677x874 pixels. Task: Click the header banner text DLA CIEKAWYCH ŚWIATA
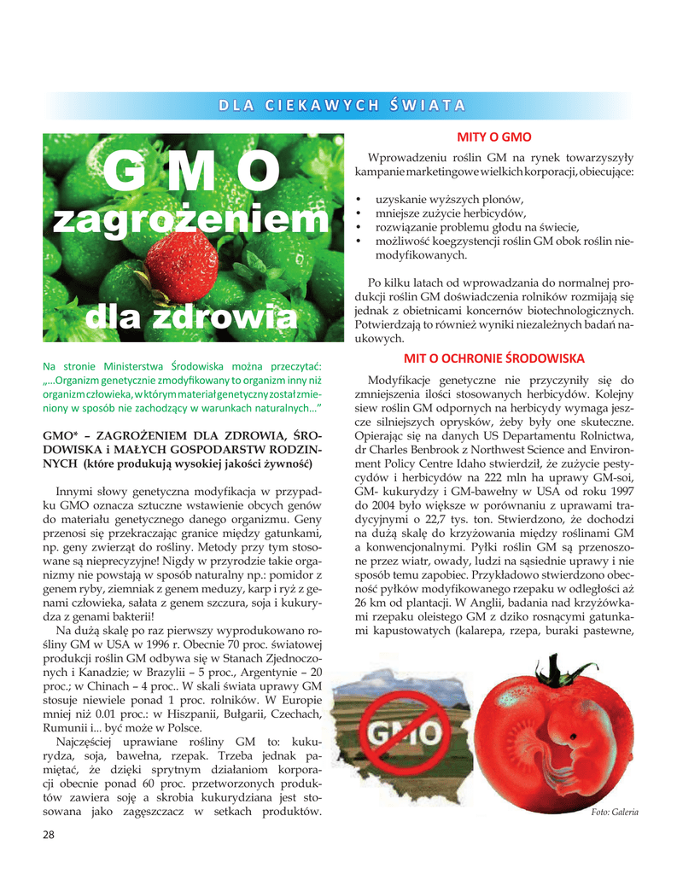(341, 106)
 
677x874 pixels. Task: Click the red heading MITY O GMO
(494, 137)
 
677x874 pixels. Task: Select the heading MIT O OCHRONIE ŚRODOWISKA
(493, 358)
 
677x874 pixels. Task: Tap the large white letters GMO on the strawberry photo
(188, 173)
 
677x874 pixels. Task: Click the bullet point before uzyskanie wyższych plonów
(359, 199)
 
